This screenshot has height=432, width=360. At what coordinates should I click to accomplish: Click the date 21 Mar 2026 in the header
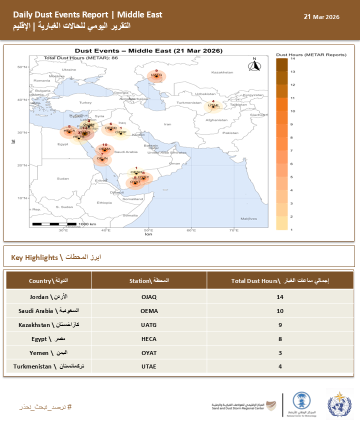[x=321, y=17]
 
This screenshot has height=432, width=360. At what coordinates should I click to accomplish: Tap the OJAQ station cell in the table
[x=148, y=297]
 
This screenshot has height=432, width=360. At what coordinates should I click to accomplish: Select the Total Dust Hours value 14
[x=280, y=297]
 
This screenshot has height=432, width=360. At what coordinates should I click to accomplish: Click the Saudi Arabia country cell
[x=48, y=310]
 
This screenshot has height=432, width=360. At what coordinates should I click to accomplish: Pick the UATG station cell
[x=148, y=324]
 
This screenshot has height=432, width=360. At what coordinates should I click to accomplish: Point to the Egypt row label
[x=48, y=338]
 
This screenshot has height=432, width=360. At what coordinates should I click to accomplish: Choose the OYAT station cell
[x=148, y=352]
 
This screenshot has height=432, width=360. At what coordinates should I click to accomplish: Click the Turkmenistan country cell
[x=48, y=366]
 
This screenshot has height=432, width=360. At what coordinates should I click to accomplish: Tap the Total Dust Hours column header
[x=280, y=281]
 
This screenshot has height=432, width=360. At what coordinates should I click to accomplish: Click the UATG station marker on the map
[x=156, y=76]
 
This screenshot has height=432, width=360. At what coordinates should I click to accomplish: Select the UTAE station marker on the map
[x=213, y=105]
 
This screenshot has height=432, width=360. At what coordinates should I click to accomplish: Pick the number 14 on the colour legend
[x=292, y=58]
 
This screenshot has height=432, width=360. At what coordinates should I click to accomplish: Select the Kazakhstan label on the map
[x=222, y=72]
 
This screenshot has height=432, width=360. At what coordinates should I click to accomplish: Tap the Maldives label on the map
[x=248, y=218]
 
